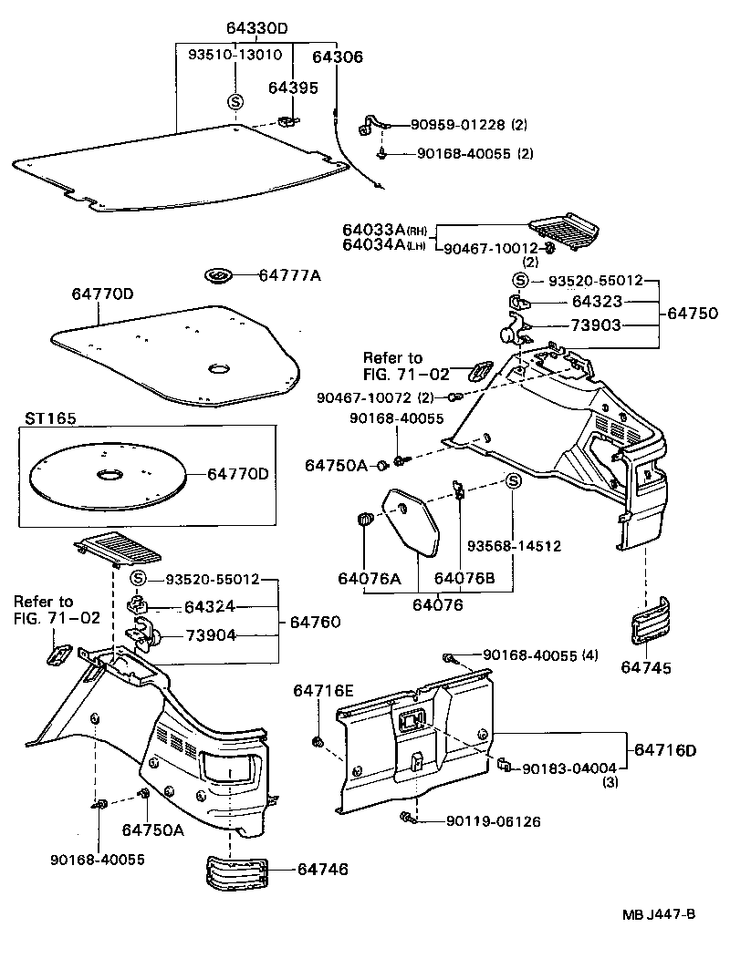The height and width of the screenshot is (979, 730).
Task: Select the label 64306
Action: tap(337, 57)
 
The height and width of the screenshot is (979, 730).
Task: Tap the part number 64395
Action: tap(293, 87)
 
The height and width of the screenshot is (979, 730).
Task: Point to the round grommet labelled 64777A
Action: tap(219, 275)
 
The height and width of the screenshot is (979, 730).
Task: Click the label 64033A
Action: tap(375, 231)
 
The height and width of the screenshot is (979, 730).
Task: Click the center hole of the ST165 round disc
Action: tap(109, 474)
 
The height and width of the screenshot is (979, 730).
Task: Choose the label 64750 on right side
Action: tap(692, 313)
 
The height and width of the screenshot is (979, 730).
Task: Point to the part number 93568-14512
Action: tap(514, 546)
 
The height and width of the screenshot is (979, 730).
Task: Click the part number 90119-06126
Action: tap(494, 821)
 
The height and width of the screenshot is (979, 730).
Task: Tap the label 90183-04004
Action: tap(569, 768)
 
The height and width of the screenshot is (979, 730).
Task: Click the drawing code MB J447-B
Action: tap(660, 914)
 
